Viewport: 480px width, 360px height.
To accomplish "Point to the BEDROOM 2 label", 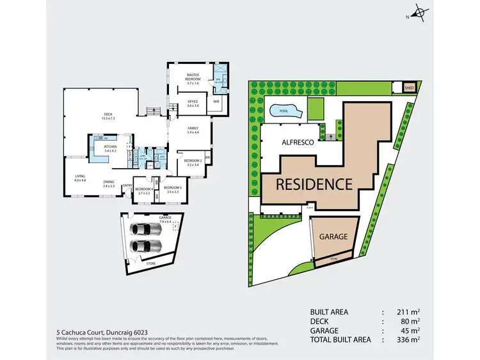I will [193, 162].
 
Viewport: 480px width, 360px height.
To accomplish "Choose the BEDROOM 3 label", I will [173, 189].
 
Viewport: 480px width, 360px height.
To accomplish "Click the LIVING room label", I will [80, 178].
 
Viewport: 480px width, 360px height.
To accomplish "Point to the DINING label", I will [108, 184].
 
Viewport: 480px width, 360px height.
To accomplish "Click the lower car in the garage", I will [144, 246].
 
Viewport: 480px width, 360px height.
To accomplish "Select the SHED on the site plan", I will [409, 88].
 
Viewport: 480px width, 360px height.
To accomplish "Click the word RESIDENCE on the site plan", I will [314, 184].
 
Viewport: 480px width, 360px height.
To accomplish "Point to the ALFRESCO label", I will [298, 143].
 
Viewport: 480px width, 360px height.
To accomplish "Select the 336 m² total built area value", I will [411, 340].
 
